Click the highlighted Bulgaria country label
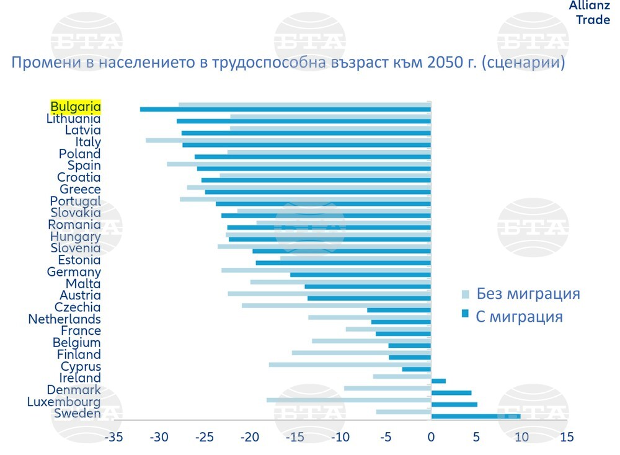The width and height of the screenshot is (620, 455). pos(75,106)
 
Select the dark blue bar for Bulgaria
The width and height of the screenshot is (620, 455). pos(285,110)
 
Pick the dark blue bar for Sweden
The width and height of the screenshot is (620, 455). pos(476,416)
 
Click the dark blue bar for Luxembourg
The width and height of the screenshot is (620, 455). pos(454,404)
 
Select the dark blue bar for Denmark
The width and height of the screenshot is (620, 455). pos(451,392)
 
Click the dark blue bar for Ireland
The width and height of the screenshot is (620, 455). pos(438,381)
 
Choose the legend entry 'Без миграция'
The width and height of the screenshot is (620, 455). pos(528,294)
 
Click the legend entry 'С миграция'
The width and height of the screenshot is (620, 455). pos(519,317)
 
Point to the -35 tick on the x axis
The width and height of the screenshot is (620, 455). pos(113,437)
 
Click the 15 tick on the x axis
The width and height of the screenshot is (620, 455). pos(567,437)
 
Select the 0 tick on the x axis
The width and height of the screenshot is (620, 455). pos(431,437)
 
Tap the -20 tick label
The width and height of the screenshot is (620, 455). pos(249,437)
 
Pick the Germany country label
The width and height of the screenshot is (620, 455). pos(74,272)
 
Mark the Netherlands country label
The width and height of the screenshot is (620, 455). pos(64,319)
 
